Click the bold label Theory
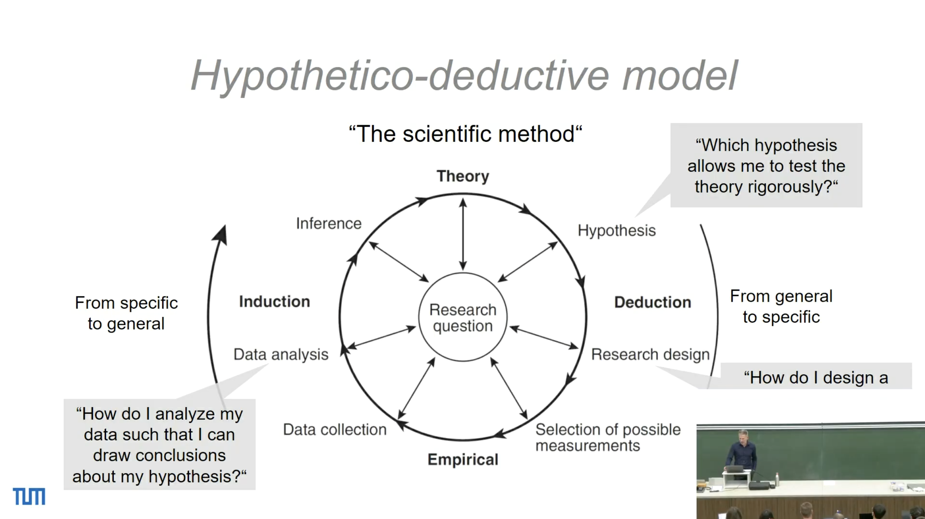463,176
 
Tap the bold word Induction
275,301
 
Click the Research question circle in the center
463,273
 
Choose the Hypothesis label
617,231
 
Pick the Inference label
329,224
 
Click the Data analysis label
281,355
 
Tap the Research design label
650,355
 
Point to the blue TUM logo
29,496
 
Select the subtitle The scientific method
465,134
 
